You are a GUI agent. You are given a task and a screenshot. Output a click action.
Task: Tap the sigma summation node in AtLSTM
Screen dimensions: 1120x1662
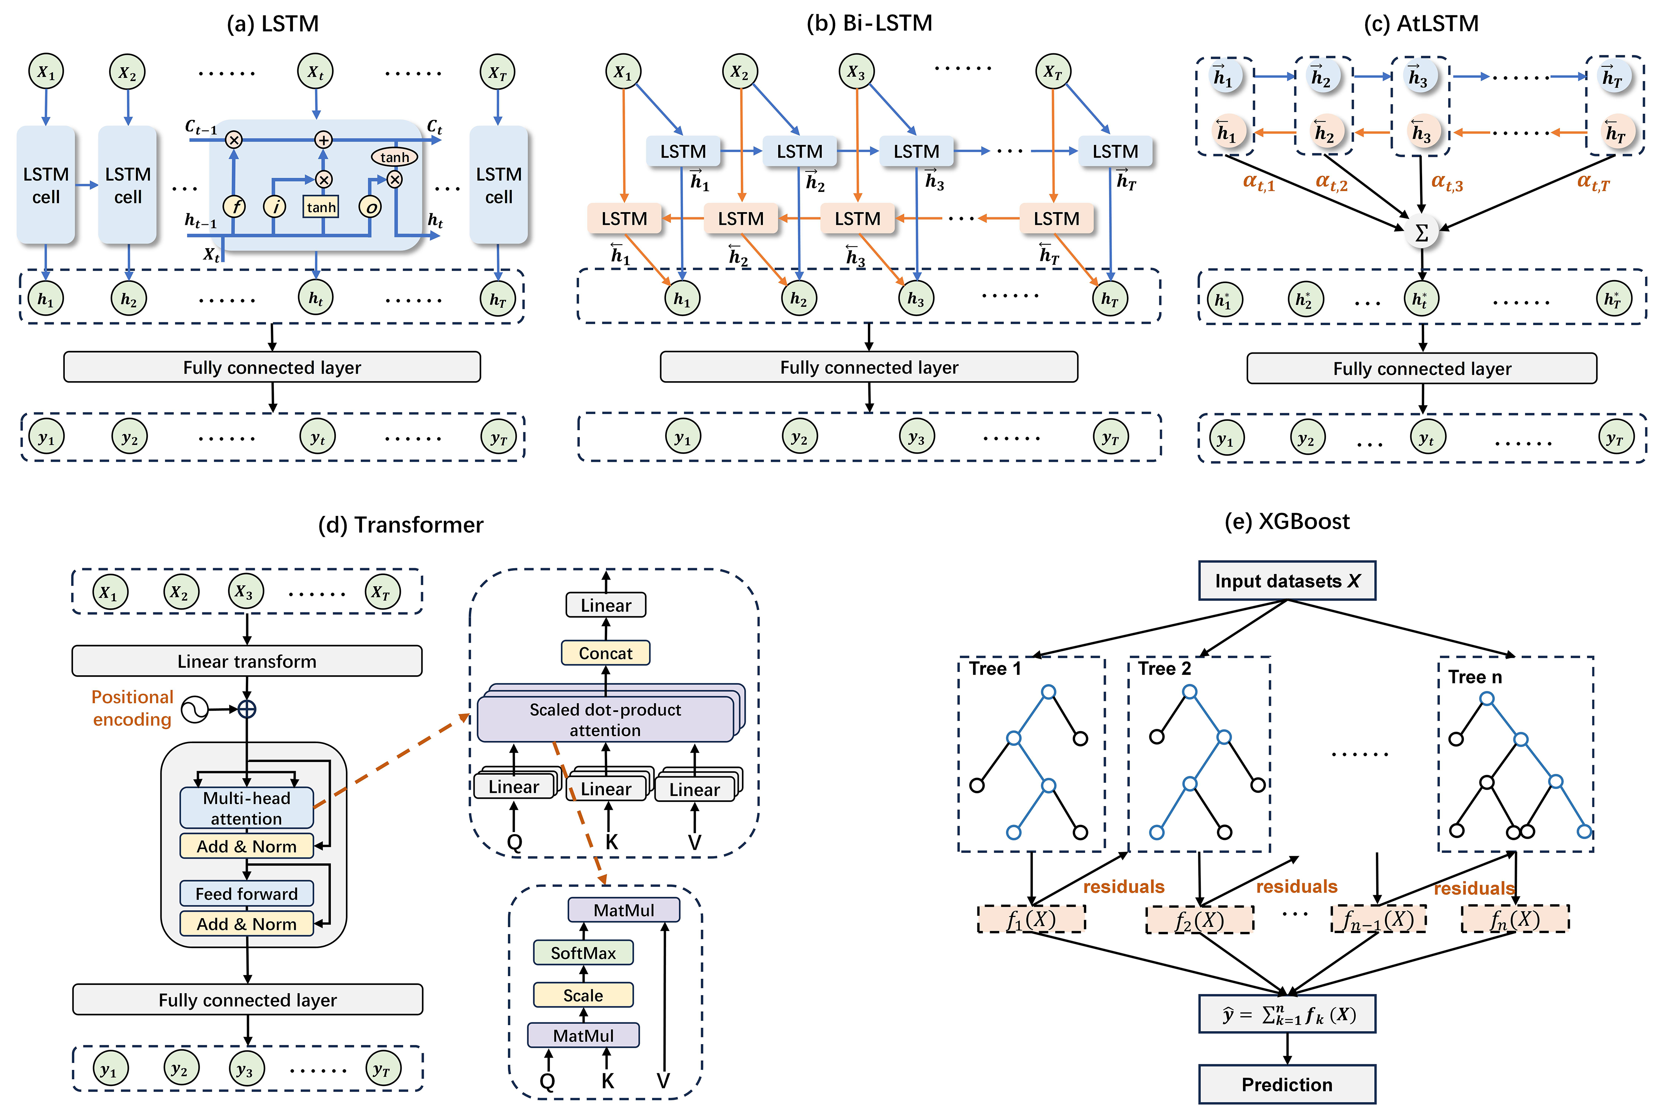click(1421, 232)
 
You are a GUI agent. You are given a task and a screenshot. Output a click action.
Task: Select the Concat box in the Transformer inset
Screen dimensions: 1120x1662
click(605, 653)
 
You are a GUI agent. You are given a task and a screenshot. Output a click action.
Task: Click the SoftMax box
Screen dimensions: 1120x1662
click(583, 953)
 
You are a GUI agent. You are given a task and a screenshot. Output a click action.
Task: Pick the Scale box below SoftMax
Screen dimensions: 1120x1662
click(583, 995)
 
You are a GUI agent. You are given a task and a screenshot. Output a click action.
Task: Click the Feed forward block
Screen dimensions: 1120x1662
click(247, 894)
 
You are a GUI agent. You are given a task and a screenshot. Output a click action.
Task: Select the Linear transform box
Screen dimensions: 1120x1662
click(247, 661)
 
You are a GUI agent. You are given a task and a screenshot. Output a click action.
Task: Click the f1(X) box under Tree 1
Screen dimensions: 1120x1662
click(1031, 919)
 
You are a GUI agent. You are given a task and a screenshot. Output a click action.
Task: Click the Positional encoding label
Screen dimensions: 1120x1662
click(132, 708)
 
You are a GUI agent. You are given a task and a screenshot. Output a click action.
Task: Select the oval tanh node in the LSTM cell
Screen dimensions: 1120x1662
click(394, 156)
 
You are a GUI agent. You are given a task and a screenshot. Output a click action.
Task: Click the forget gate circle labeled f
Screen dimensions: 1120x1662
click(234, 207)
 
